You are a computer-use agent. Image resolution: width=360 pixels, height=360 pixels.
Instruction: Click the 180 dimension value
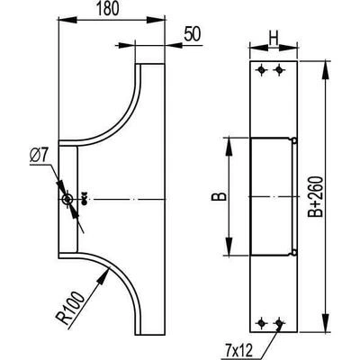[x=108, y=9]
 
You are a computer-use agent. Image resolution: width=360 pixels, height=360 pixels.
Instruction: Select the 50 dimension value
[x=192, y=33]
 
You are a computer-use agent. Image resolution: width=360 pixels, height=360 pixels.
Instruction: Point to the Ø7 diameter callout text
[x=39, y=156]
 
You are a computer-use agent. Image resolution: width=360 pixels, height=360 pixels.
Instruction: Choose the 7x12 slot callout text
[x=239, y=350]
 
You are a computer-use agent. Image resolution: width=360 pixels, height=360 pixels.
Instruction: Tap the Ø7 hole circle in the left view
[x=67, y=199]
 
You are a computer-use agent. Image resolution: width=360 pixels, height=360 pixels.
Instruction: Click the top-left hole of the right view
[x=262, y=70]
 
